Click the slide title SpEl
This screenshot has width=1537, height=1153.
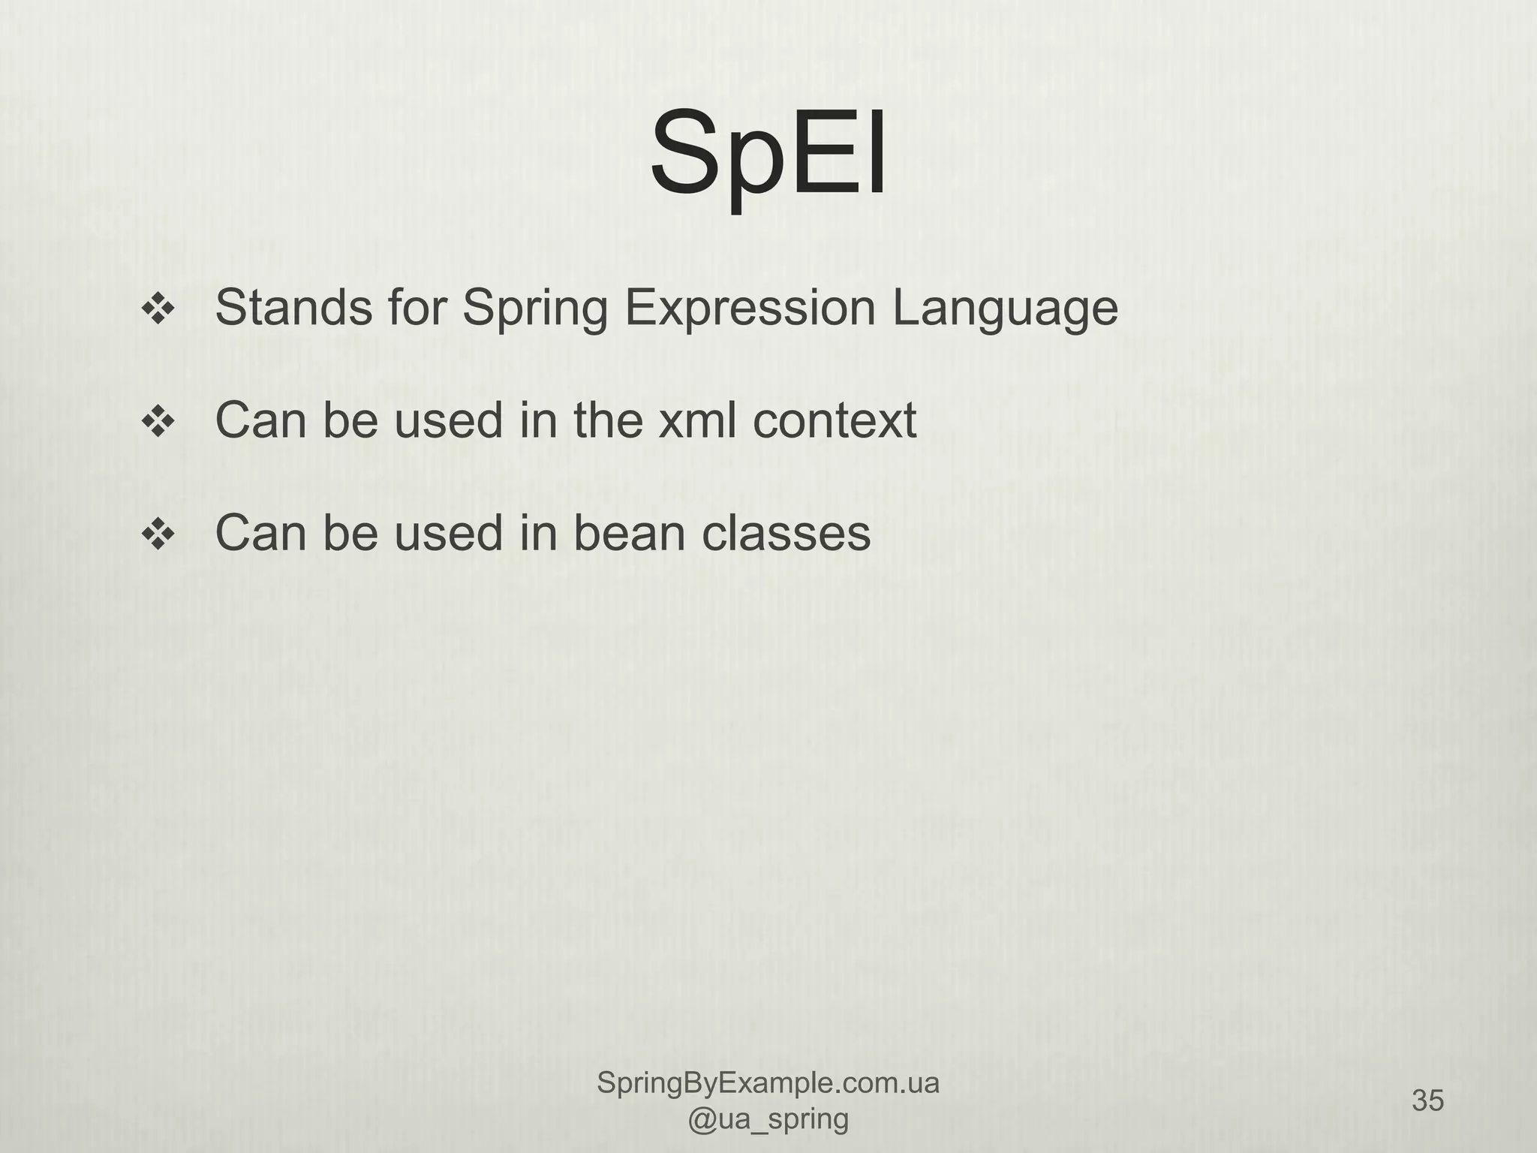pyautogui.click(x=768, y=154)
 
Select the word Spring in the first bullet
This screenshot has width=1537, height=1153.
pyautogui.click(x=534, y=309)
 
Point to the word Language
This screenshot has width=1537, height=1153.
pyautogui.click(x=1004, y=309)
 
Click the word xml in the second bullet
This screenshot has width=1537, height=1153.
pyautogui.click(x=697, y=420)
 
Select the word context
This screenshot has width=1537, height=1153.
pyautogui.click(x=834, y=420)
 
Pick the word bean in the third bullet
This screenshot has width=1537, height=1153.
pyautogui.click(x=630, y=533)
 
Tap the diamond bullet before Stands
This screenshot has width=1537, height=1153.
pyautogui.click(x=158, y=309)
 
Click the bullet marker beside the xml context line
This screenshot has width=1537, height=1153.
pyautogui.click(x=158, y=422)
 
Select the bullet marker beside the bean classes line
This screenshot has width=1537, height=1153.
pyautogui.click(x=158, y=534)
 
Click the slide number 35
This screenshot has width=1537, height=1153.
pyautogui.click(x=1427, y=1100)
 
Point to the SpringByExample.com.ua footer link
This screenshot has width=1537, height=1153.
pyautogui.click(x=768, y=1083)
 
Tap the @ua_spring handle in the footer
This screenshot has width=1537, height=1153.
pyautogui.click(x=768, y=1119)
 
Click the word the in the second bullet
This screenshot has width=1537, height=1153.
pyautogui.click(x=606, y=420)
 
